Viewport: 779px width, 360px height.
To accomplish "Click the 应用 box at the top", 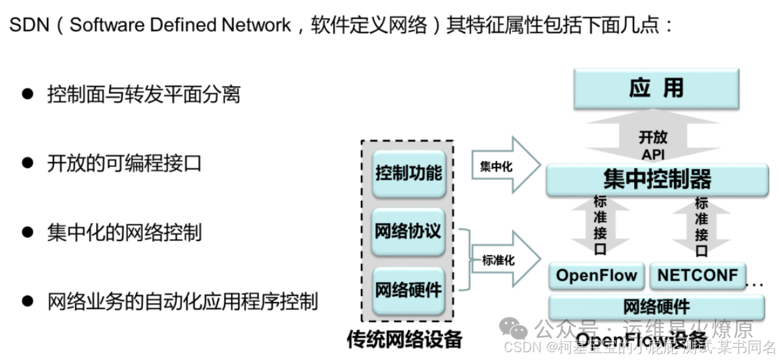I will coord(656,89).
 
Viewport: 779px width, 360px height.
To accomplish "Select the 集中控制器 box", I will coord(656,179).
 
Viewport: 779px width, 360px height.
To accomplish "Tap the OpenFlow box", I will coord(596,275).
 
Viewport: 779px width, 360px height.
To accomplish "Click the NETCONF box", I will coord(697,275).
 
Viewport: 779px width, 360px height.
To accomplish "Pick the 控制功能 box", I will coord(408,173).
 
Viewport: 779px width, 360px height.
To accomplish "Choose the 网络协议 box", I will coord(408,232).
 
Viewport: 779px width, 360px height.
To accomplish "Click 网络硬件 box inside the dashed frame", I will coord(408,290).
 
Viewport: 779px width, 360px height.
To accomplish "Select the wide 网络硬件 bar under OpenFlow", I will coord(656,307).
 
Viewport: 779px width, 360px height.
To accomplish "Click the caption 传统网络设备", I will coord(405,339).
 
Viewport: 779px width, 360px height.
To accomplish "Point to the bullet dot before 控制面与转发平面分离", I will coord(27,94).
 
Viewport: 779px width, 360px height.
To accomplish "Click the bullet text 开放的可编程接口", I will coord(124,163).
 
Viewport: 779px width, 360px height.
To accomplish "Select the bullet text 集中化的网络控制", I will coord(124,232).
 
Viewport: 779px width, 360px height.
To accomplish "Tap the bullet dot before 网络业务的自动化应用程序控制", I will coord(27,301).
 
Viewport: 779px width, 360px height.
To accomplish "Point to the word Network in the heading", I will coord(256,25).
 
